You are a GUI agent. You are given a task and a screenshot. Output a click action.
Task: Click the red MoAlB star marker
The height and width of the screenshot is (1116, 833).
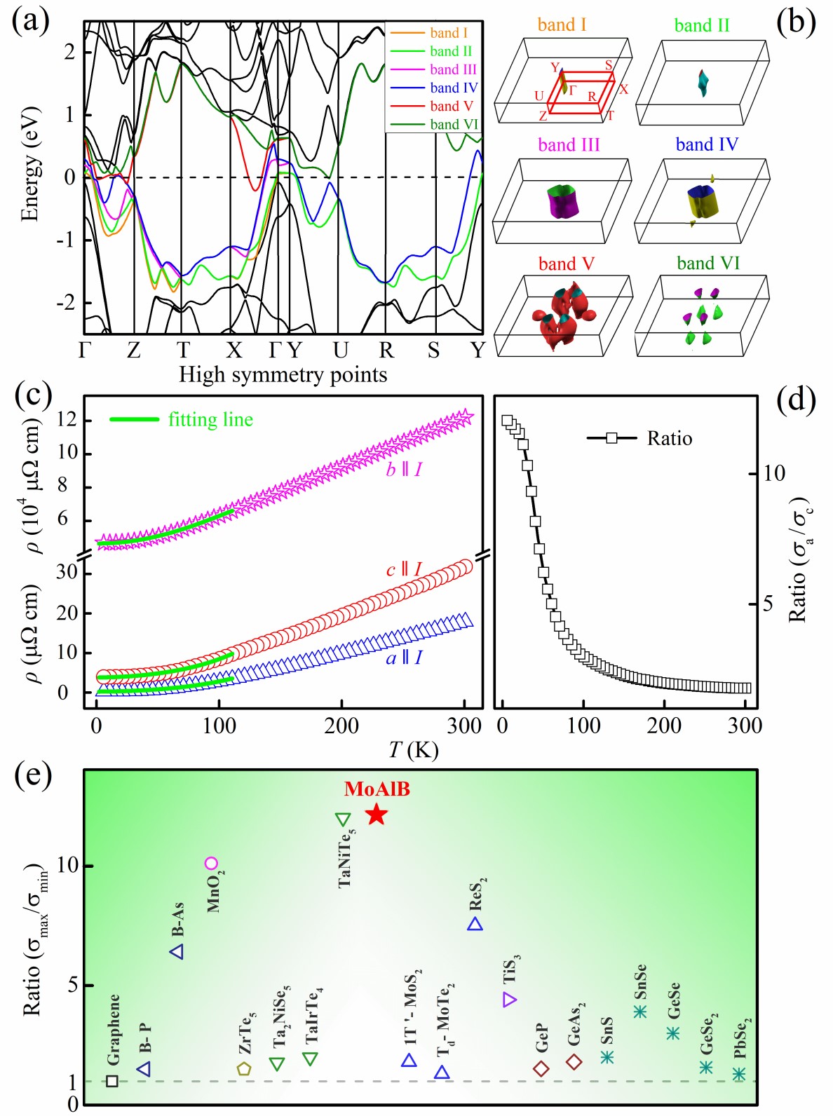377,814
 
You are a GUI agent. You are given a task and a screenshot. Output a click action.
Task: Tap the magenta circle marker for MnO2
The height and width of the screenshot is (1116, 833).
211,863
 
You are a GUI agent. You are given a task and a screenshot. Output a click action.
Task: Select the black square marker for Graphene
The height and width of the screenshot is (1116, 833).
112,1080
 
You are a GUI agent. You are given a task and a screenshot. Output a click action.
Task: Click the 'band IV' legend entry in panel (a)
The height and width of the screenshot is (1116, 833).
453,88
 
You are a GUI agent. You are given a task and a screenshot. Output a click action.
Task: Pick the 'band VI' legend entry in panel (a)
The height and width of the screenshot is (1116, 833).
453,124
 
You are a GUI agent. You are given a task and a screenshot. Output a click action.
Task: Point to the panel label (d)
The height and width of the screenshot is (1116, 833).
797,400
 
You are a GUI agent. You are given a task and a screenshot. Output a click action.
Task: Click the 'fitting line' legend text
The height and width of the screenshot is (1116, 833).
210,419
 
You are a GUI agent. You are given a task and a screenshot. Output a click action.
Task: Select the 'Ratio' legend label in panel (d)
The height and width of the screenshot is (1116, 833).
669,438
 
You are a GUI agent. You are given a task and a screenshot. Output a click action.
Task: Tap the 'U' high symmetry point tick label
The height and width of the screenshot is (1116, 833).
340,350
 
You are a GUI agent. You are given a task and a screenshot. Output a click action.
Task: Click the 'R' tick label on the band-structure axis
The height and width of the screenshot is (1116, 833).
386,350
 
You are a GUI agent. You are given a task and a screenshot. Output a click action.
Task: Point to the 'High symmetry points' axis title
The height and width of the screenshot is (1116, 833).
283,374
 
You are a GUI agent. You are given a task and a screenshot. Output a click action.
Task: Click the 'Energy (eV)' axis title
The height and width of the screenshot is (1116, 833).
29,164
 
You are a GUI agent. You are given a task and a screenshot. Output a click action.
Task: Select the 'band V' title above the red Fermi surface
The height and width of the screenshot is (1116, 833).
566,264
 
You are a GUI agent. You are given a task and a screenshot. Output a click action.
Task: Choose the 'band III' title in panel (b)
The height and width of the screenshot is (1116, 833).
569,144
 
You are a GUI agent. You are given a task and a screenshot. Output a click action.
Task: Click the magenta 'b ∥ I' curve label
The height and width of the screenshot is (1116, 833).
404,469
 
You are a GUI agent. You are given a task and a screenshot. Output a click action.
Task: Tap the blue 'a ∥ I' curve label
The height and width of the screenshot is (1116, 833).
404,658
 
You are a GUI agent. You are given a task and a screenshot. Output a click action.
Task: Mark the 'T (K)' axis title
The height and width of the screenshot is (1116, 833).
414,750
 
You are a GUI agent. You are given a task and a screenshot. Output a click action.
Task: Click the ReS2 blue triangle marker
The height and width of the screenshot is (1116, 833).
475,925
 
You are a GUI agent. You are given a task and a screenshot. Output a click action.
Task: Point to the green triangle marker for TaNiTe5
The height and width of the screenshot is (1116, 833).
342,819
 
